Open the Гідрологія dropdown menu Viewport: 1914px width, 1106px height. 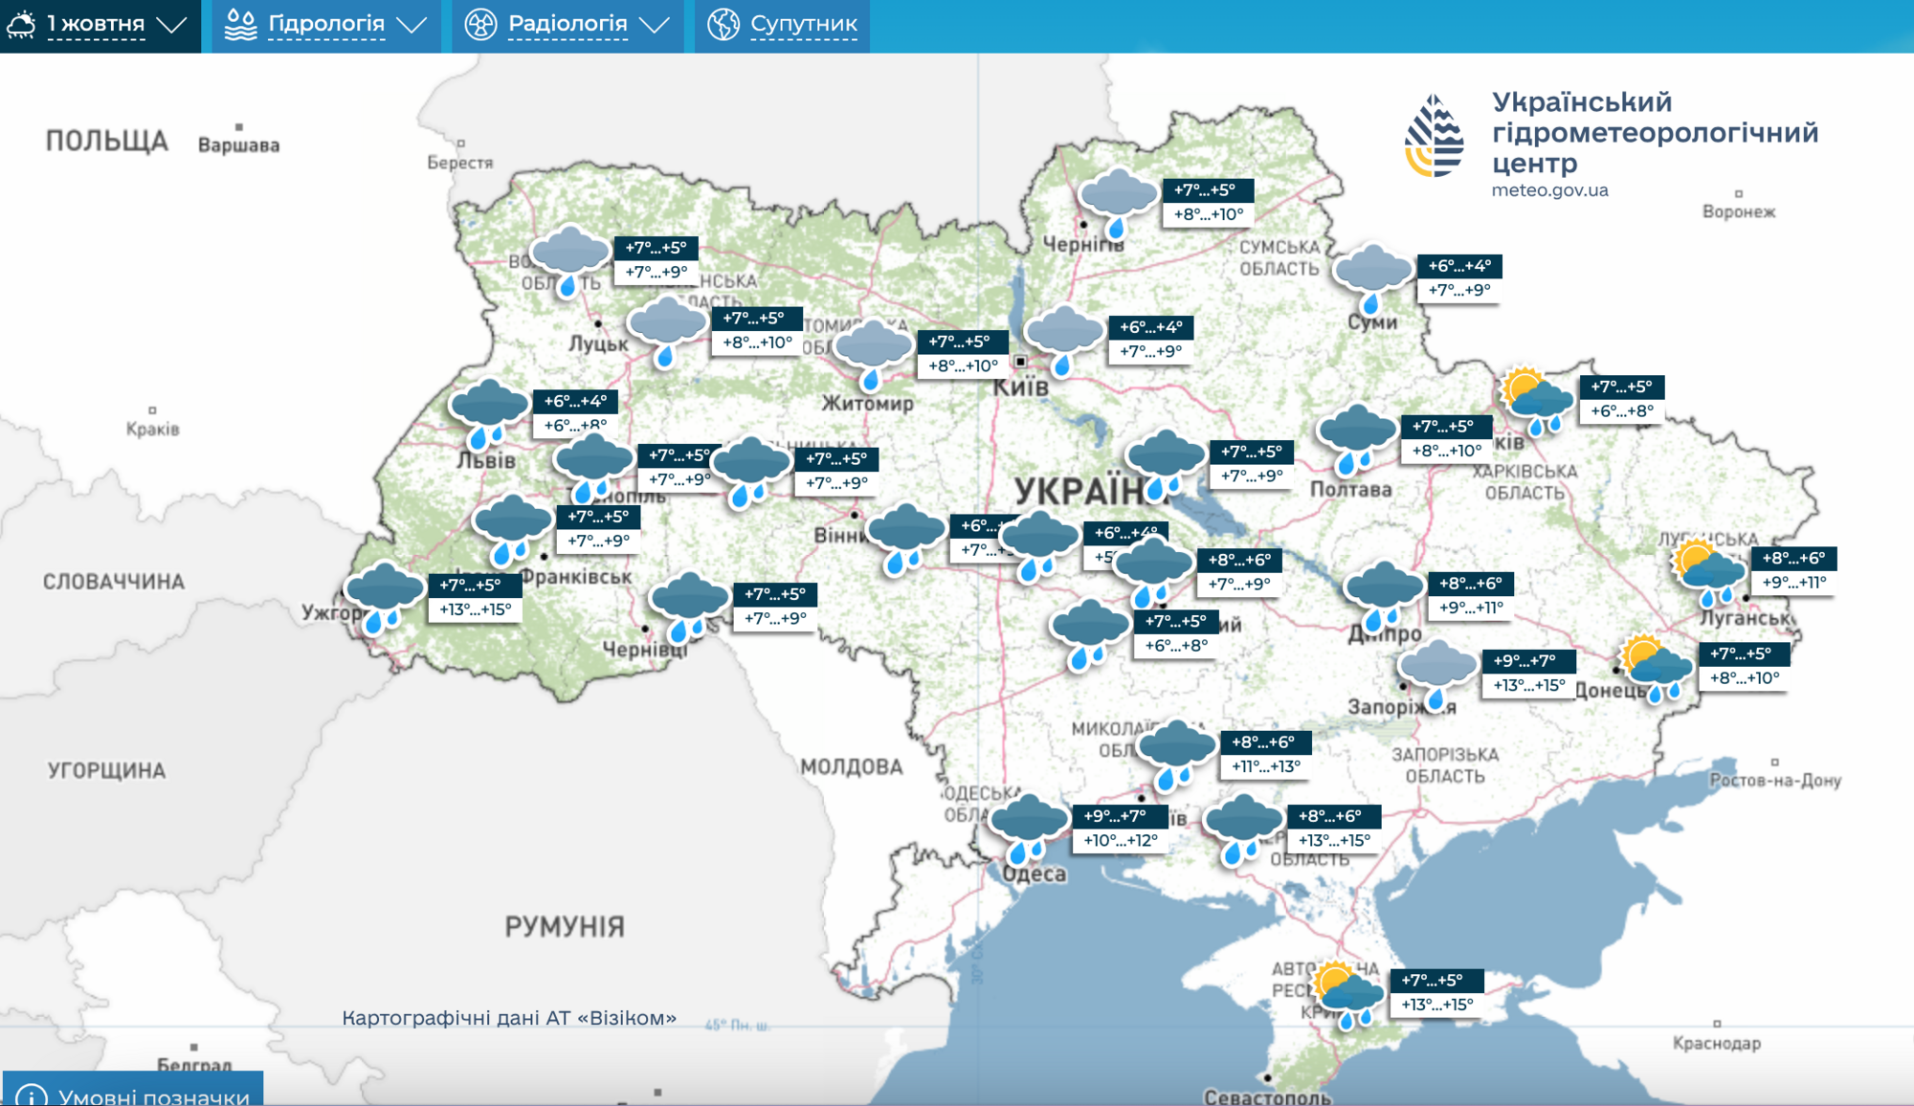click(325, 25)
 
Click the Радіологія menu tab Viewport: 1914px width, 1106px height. click(567, 25)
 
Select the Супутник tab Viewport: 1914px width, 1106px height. click(783, 25)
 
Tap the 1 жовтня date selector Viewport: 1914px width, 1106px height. click(100, 25)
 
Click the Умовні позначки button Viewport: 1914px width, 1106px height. click(134, 1094)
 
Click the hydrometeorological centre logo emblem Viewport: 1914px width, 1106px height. click(1434, 137)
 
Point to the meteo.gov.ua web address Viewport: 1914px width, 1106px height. click(1549, 190)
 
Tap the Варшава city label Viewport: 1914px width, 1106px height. click(239, 145)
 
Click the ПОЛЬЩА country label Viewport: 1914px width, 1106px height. click(107, 142)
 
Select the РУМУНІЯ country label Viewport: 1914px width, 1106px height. click(565, 926)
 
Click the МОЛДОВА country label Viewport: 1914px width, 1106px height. click(851, 766)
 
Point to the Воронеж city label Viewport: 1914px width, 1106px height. click(1738, 211)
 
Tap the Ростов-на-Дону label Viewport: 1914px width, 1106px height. click(1775, 780)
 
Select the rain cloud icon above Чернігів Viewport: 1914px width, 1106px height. click(1118, 202)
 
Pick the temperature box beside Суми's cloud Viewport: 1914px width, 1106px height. click(1458, 277)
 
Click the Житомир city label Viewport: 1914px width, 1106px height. click(868, 404)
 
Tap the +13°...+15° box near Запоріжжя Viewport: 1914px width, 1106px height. click(1528, 685)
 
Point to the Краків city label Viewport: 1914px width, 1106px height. click(153, 429)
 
